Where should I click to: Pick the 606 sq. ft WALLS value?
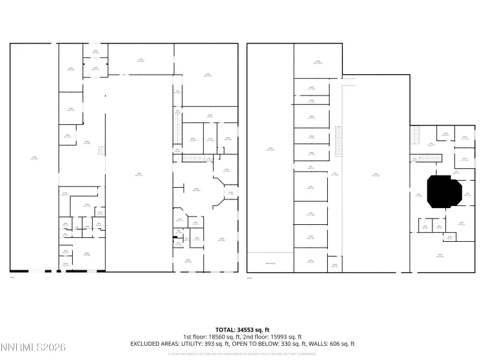[342, 343]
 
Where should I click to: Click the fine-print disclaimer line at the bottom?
[242, 354]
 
